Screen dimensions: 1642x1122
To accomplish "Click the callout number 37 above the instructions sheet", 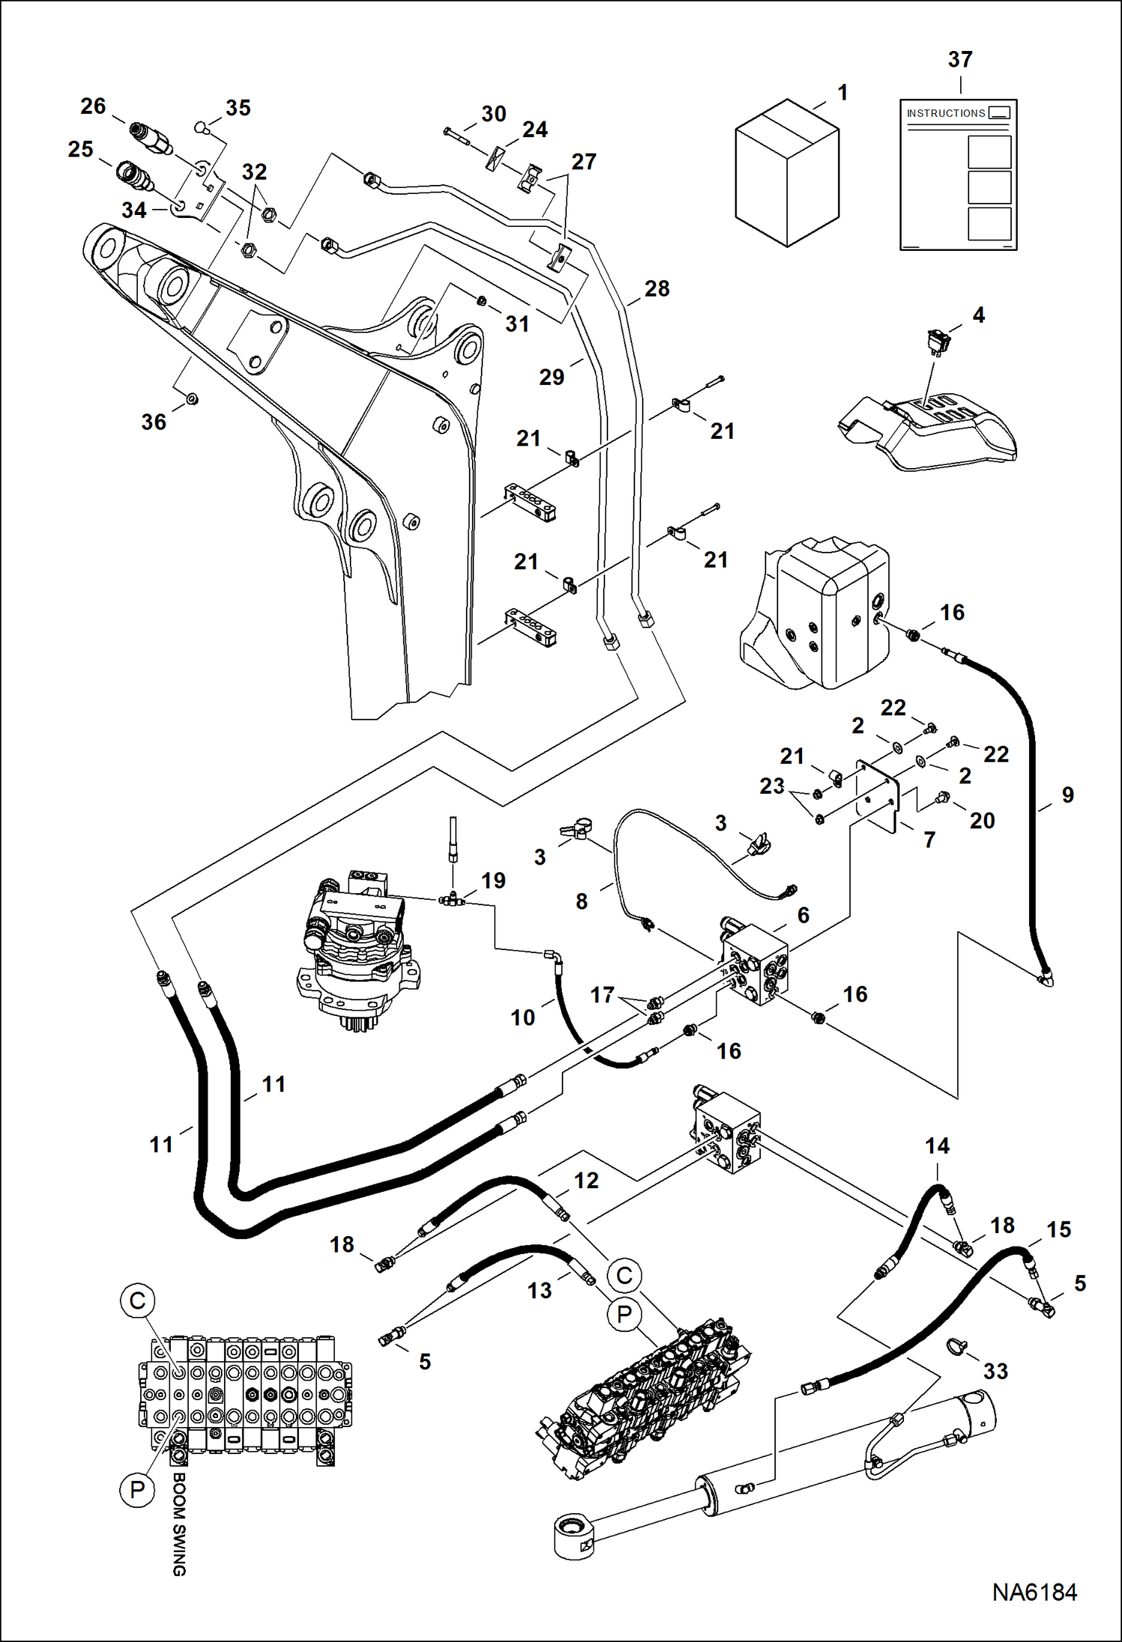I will (x=960, y=59).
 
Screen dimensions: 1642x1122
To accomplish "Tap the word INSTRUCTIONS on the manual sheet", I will (x=945, y=113).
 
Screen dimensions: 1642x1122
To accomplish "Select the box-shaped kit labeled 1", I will (x=786, y=174).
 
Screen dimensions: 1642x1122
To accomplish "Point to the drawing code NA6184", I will (x=1034, y=1592).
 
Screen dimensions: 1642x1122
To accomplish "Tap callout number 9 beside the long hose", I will (x=1067, y=794).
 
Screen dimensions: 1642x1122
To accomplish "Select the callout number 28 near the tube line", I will (x=657, y=288).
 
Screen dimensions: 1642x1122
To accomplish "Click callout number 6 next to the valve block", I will (x=803, y=914).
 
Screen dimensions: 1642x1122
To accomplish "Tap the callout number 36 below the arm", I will (x=154, y=422).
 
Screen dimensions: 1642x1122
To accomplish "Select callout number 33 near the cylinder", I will (x=995, y=1371).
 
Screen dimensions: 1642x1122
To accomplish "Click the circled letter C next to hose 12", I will (x=624, y=1275).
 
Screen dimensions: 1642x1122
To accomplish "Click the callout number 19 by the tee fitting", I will (x=493, y=880).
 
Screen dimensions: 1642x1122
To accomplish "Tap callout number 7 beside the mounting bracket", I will (x=929, y=839).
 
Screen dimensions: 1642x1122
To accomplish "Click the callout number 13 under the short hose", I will (x=539, y=1290).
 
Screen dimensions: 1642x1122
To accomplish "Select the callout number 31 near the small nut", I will (x=517, y=323).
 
